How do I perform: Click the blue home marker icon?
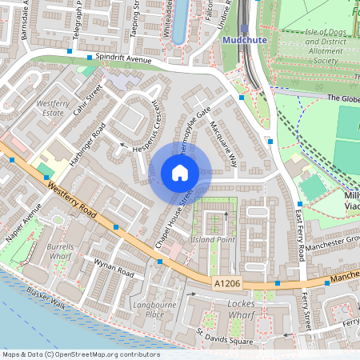(180, 173)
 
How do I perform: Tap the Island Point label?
(212, 239)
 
